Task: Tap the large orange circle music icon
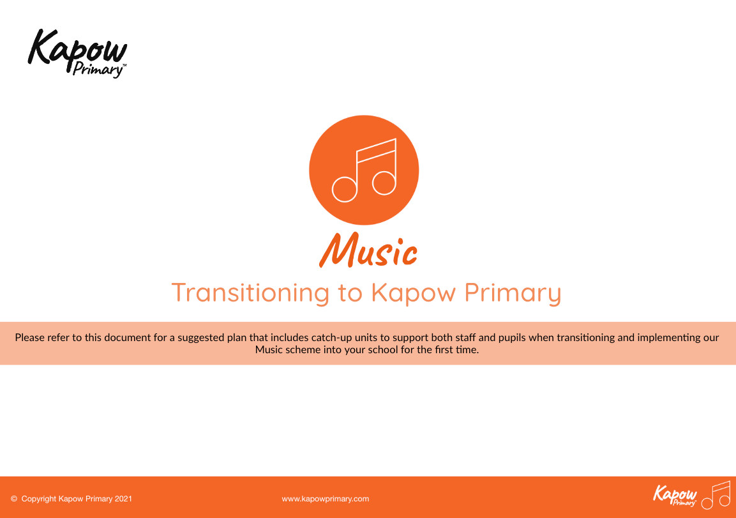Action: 364,170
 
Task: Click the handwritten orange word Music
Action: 368,251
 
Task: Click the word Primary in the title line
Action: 513,293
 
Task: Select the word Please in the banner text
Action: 29,337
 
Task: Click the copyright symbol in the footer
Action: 14,499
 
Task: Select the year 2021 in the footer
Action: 123,499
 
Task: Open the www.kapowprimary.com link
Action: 326,499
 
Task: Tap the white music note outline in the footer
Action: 717,495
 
